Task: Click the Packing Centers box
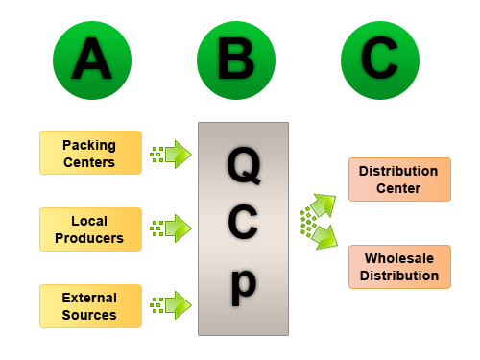[90, 153]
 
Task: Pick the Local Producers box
[90, 229]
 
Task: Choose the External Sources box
[90, 306]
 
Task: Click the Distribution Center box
[399, 180]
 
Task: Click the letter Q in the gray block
[243, 166]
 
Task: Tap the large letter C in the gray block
[244, 225]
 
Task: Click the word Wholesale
[399, 259]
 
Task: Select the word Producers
[90, 238]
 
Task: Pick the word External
[89, 298]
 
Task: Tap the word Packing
[89, 145]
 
